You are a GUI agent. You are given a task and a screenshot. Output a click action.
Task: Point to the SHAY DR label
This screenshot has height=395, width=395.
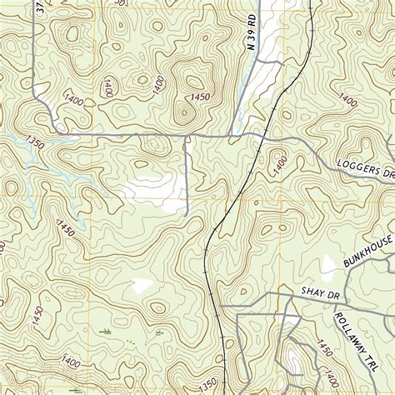[317, 289]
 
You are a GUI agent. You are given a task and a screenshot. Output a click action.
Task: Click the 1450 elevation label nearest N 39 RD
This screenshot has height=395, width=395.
[198, 98]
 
